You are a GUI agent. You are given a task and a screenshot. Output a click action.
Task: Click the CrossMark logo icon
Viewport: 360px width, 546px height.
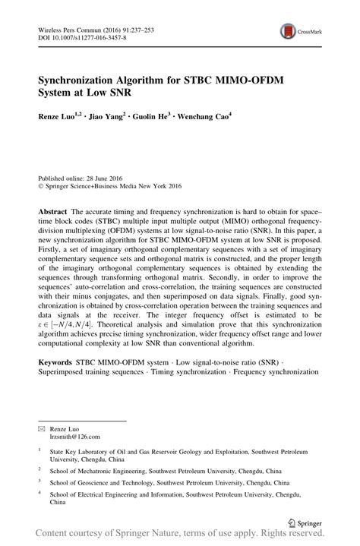tap(289, 31)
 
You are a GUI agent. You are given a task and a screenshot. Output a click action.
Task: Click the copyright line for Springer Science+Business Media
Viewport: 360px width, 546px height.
tap(114, 183)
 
